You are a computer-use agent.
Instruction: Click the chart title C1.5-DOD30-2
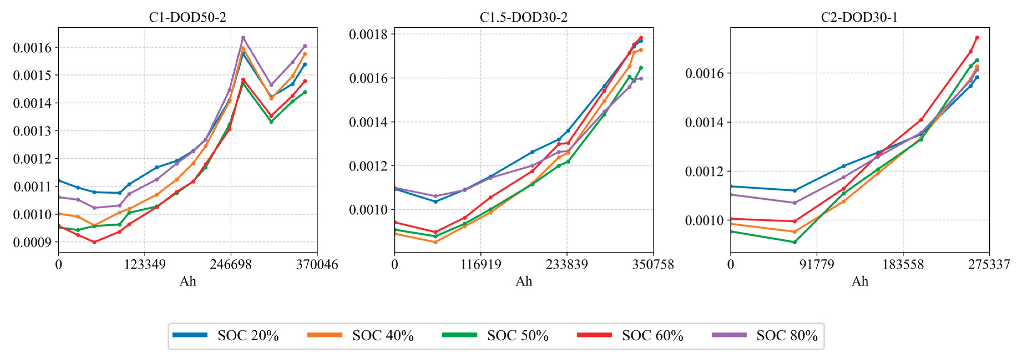(524, 17)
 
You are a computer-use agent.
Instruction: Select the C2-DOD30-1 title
(859, 17)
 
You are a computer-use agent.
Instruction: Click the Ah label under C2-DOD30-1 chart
(860, 281)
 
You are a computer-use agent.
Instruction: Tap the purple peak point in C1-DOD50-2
(243, 38)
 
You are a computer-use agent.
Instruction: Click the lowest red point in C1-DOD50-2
(94, 242)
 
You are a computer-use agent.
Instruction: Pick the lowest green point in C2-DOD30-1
(794, 242)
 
